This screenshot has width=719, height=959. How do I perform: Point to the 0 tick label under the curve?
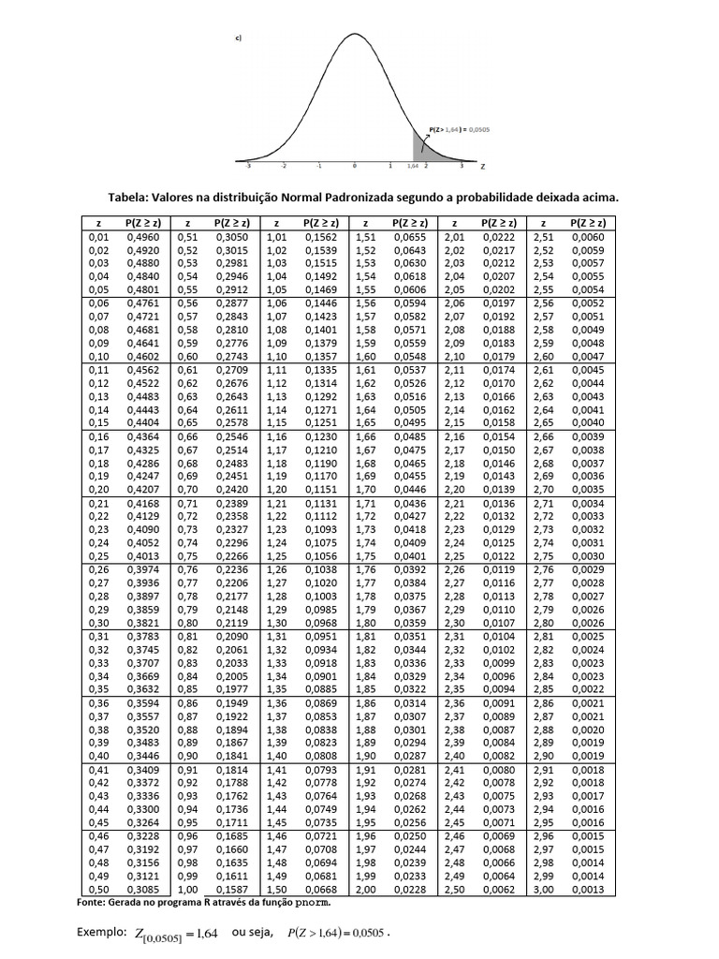(355, 166)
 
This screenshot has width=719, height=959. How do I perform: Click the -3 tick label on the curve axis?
(247, 166)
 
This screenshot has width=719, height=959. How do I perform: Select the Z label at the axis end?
(482, 166)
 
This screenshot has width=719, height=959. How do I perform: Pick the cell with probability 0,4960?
(143, 239)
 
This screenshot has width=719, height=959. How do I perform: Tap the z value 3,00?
(542, 890)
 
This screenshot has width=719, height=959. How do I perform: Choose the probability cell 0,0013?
(588, 890)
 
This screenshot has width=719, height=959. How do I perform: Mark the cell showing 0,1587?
(232, 890)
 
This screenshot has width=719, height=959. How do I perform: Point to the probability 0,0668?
(321, 890)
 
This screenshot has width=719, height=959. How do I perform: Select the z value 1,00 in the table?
(187, 890)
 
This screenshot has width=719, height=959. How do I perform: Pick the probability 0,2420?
(232, 488)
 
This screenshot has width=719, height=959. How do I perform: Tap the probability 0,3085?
(143, 890)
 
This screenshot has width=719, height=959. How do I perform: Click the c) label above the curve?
(239, 38)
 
